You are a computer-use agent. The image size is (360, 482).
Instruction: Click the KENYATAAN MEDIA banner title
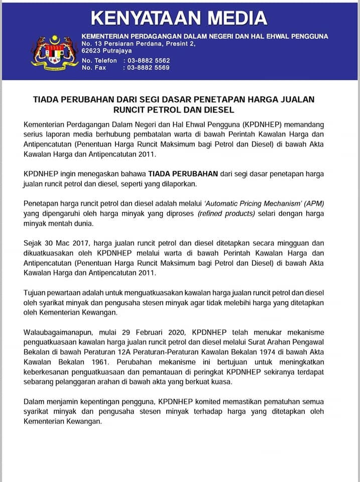[x=178, y=18]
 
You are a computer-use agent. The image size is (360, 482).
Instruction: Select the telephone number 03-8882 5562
[x=149, y=60]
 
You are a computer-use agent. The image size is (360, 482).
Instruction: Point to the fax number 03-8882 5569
[x=149, y=67]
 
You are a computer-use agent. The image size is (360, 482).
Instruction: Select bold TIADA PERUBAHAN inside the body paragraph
[x=183, y=173]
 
